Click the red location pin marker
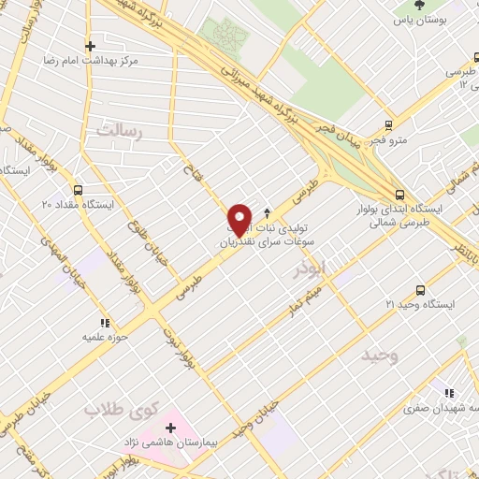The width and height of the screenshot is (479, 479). [240, 219]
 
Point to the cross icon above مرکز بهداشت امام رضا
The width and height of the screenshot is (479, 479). [90, 45]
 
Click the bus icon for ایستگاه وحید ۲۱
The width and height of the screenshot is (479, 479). [420, 290]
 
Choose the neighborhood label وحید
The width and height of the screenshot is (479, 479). [381, 356]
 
